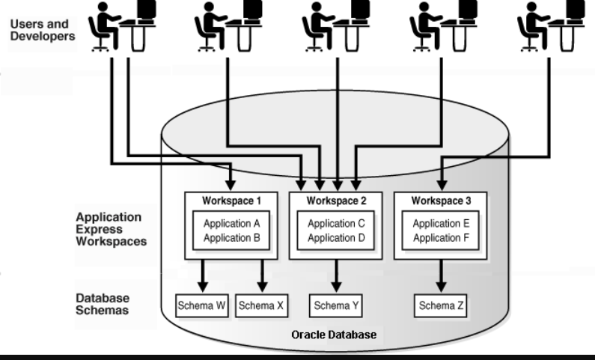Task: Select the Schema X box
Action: [x=260, y=305]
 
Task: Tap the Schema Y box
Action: [x=335, y=305]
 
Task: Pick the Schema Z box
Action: [x=440, y=305]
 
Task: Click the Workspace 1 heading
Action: [x=231, y=201]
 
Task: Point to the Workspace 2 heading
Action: [x=335, y=201]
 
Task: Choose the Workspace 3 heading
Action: [x=440, y=201]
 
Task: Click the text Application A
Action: [x=231, y=223]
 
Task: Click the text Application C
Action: [x=335, y=223]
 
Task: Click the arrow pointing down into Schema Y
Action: [x=335, y=277]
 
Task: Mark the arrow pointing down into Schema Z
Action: [x=440, y=277]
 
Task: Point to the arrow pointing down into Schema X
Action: [x=261, y=277]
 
